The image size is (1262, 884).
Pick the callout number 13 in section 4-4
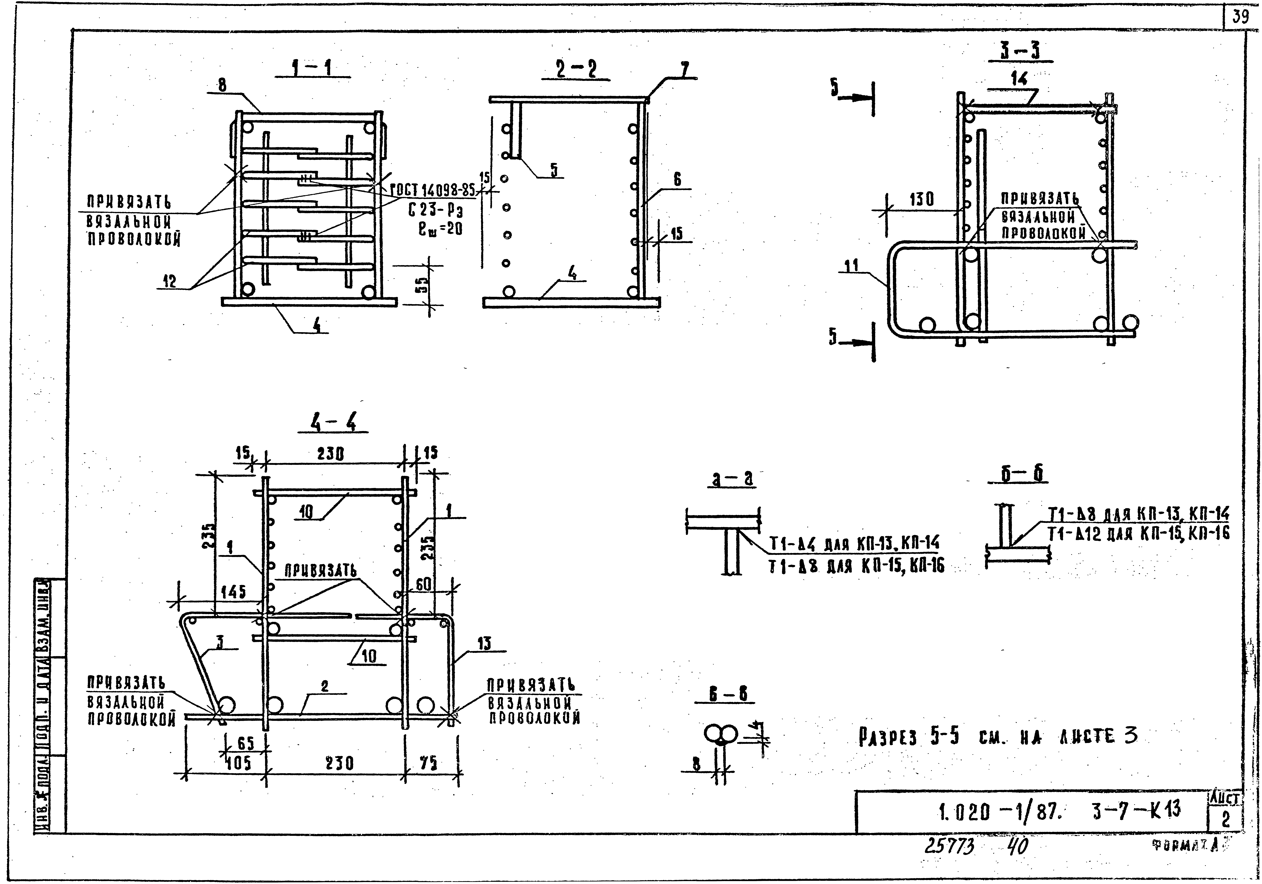(484, 644)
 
